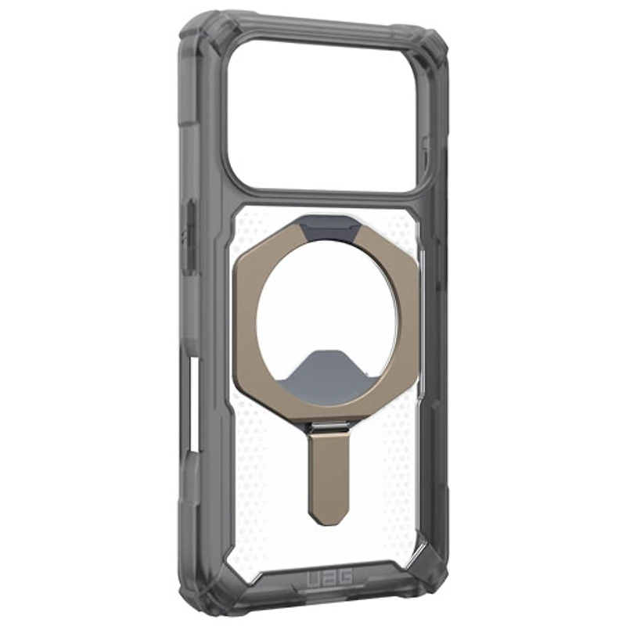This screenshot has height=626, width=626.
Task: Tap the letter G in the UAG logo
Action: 346,577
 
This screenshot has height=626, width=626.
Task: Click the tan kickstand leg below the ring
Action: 329,475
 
